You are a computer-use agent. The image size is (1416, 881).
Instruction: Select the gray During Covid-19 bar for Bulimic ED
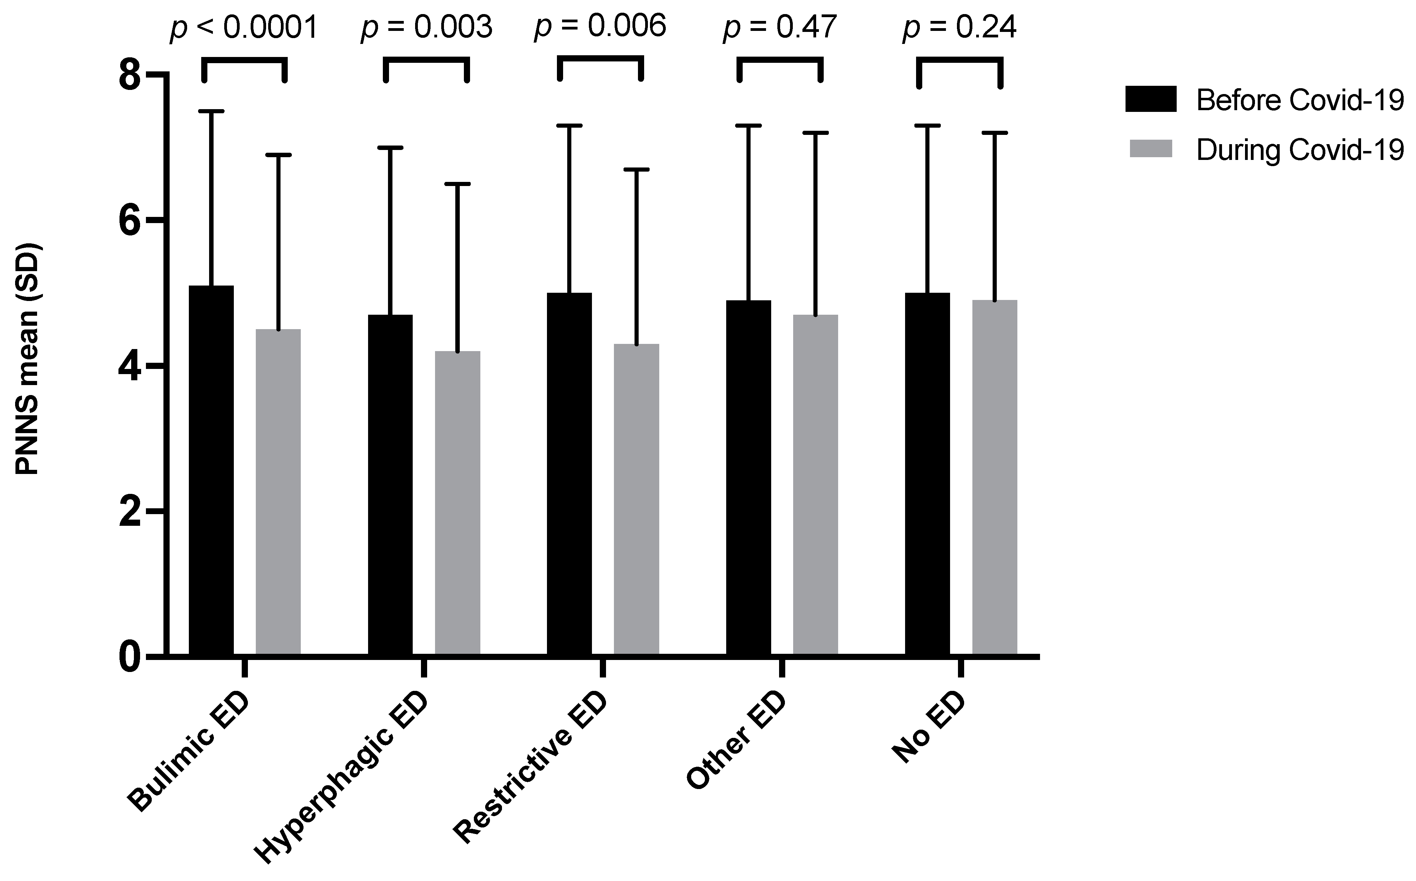pos(278,492)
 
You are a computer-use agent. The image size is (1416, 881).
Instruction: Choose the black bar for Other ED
pos(749,478)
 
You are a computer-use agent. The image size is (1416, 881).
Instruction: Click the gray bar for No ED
pos(994,478)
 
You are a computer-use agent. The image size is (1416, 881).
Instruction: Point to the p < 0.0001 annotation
pos(244,28)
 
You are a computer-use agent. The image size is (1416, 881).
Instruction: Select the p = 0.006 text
pos(600,26)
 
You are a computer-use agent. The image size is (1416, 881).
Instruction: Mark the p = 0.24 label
pos(959,28)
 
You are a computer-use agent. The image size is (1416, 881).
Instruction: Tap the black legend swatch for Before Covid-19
pos(1150,99)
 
